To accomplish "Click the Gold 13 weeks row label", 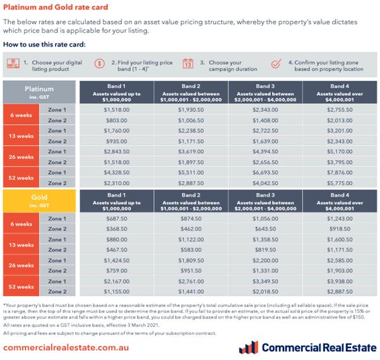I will [x=21, y=245].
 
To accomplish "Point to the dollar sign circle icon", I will [x=100, y=63].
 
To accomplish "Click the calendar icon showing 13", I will [x=187, y=64].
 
